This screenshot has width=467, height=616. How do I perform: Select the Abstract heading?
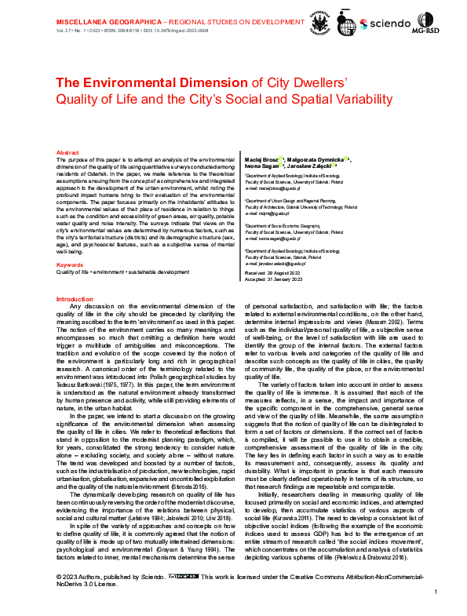tap(67, 152)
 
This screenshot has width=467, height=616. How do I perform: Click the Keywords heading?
tap(70, 243)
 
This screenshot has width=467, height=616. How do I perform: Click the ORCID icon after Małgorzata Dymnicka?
tap(347, 159)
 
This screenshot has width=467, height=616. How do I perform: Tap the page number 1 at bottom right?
tap(434, 601)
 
